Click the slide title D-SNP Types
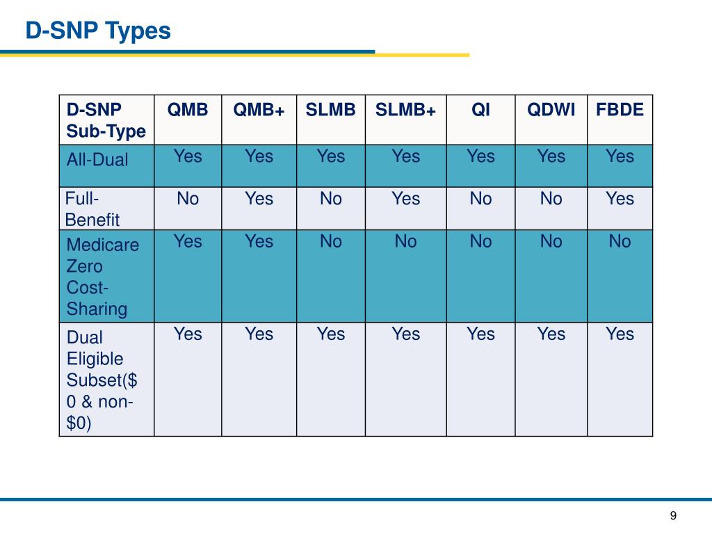pos(98,31)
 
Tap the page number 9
pos(673,515)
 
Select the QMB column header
pos(188,111)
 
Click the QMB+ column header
pos(259,111)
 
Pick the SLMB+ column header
pos(405,111)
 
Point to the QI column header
pos(480,111)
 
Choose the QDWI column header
pos(551,111)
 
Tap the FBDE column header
pos(620,111)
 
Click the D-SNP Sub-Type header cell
pos(106,120)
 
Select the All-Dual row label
pos(97,160)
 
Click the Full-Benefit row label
pos(92,209)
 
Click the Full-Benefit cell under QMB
pos(188,200)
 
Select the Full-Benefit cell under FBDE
pos(620,200)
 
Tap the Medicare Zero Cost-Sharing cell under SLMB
pos(330,242)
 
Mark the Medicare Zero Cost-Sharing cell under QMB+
pos(259,242)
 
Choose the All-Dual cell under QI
pos(480,156)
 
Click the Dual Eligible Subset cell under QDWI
pos(551,334)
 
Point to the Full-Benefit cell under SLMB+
pos(405,200)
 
